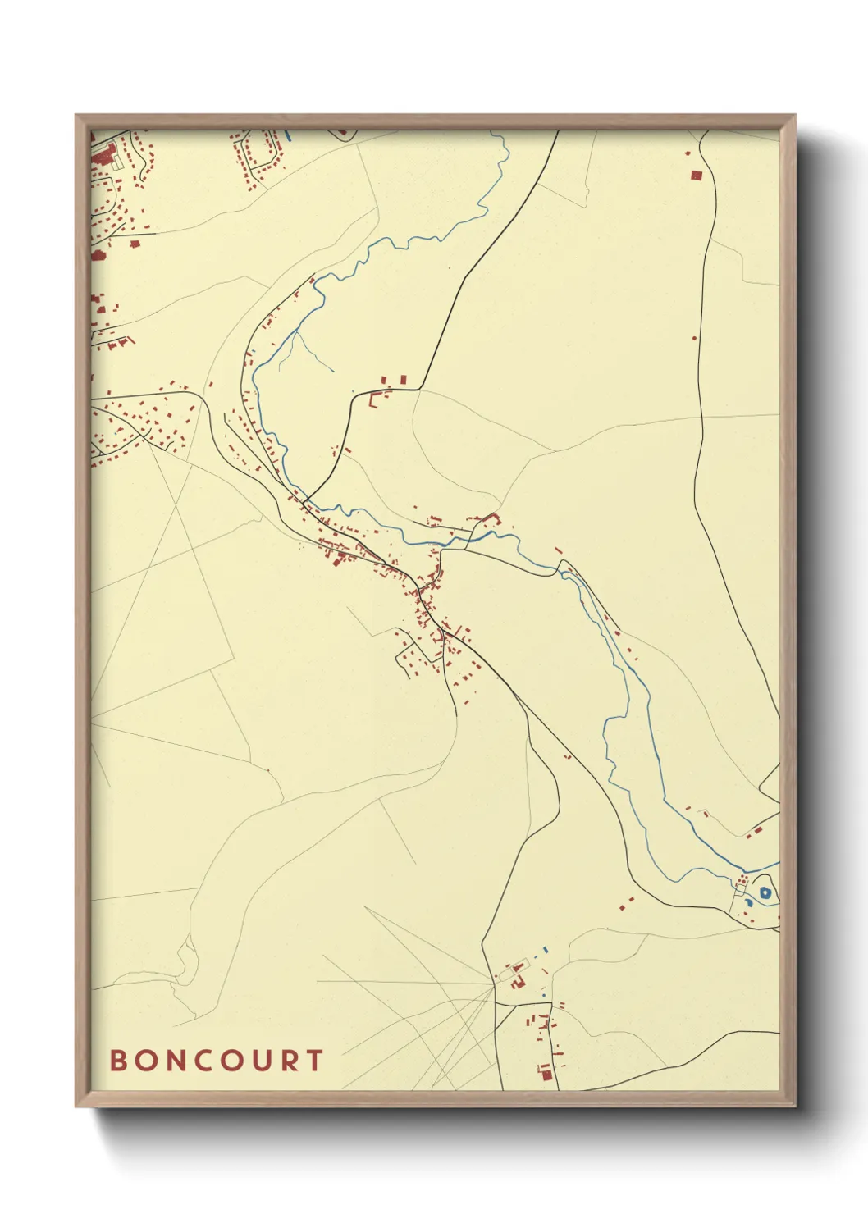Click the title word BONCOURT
[x=217, y=1060]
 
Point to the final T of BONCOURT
[x=316, y=1060]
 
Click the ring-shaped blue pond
[x=765, y=893]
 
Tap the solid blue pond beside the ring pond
[x=748, y=903]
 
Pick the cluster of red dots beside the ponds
[x=742, y=879]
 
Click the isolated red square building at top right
[x=697, y=175]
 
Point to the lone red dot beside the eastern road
[x=695, y=337]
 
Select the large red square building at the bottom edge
[x=546, y=1071]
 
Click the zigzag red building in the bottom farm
[x=518, y=981]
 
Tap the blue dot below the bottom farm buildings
[x=543, y=995]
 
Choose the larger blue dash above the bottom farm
[x=546, y=949]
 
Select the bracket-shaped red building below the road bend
[x=377, y=399]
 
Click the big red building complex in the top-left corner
[x=103, y=155]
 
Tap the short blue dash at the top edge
[x=288, y=136]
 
